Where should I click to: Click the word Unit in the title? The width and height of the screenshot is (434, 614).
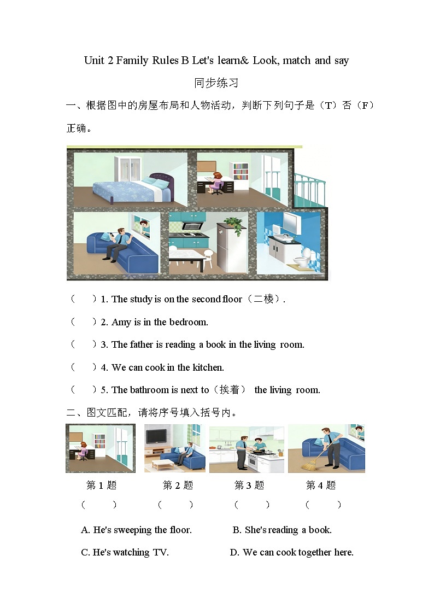(94, 60)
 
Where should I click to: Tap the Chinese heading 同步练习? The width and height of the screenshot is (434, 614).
(216, 83)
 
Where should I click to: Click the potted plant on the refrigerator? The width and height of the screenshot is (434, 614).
(233, 224)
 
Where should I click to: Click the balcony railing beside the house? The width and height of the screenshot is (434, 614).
(310, 189)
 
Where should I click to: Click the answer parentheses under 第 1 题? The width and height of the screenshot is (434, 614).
(99, 505)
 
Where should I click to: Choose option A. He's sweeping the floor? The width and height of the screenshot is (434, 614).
(137, 530)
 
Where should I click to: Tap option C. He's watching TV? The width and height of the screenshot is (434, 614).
(125, 552)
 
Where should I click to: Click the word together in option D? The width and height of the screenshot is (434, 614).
(315, 552)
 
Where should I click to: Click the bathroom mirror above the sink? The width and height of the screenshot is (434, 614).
(290, 221)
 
